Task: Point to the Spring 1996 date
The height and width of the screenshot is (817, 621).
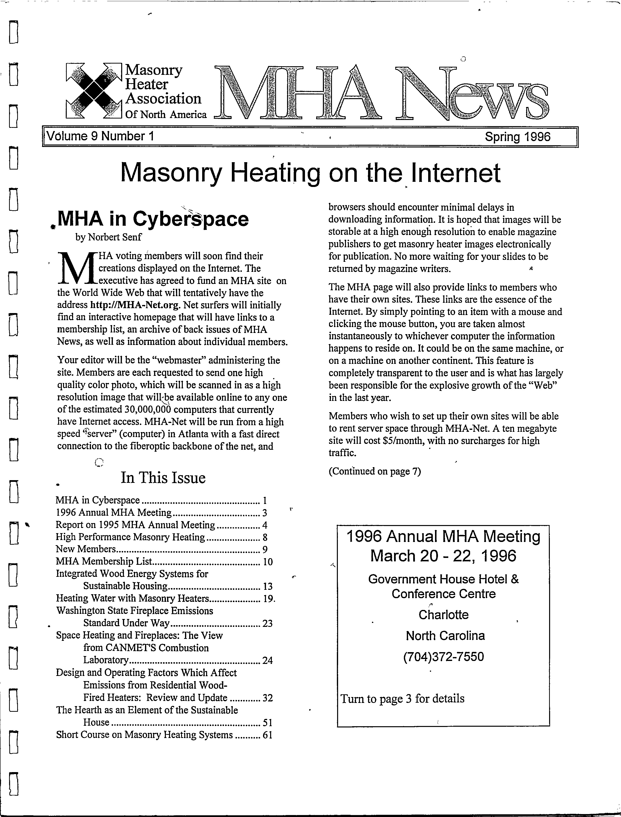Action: [517, 137]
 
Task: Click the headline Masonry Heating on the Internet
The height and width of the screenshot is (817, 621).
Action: [311, 172]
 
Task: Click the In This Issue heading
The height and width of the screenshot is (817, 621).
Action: [163, 477]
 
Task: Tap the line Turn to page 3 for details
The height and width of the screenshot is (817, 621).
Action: [402, 698]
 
